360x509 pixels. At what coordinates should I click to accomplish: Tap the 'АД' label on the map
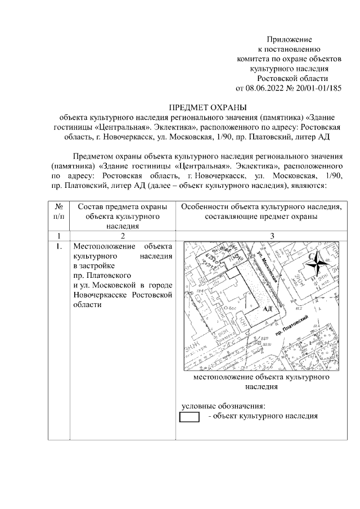point(267,309)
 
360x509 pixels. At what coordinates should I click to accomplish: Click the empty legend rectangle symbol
point(188,417)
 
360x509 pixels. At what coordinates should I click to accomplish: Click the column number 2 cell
point(123,236)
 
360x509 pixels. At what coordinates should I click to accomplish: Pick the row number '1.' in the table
point(59,246)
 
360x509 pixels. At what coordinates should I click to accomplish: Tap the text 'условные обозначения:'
point(222,407)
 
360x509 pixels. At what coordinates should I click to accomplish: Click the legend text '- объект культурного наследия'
point(263,416)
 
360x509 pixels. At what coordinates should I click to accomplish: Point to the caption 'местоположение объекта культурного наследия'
point(261,382)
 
